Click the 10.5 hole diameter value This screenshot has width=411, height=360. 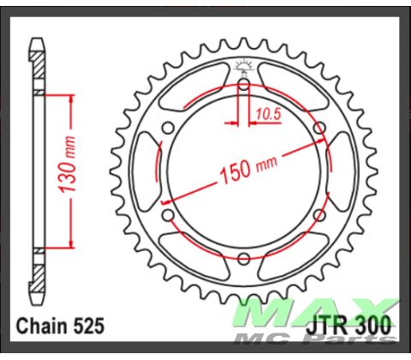click(x=262, y=111)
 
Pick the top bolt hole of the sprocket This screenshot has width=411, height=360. click(x=243, y=85)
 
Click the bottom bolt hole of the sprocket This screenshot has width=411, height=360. click(x=243, y=258)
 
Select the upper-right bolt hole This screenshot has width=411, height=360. click(x=319, y=129)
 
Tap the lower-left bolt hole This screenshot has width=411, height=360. click(x=168, y=214)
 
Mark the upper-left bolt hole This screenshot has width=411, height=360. click(x=168, y=129)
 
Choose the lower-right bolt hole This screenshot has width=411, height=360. click(x=319, y=214)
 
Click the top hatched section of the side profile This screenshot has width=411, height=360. click(x=38, y=64)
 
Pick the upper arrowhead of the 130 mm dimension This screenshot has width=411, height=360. click(x=64, y=96)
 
